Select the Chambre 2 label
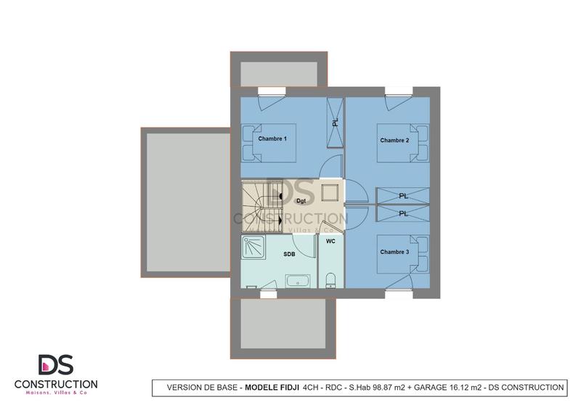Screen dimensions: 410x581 [x=394, y=140]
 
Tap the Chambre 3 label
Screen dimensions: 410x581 [x=394, y=252]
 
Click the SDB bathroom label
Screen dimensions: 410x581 [x=289, y=255]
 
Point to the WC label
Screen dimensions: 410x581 [x=330, y=240]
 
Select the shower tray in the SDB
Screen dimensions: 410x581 [x=255, y=247]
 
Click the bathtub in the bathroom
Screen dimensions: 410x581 [x=297, y=280]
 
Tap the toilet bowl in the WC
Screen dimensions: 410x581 [x=331, y=280]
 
